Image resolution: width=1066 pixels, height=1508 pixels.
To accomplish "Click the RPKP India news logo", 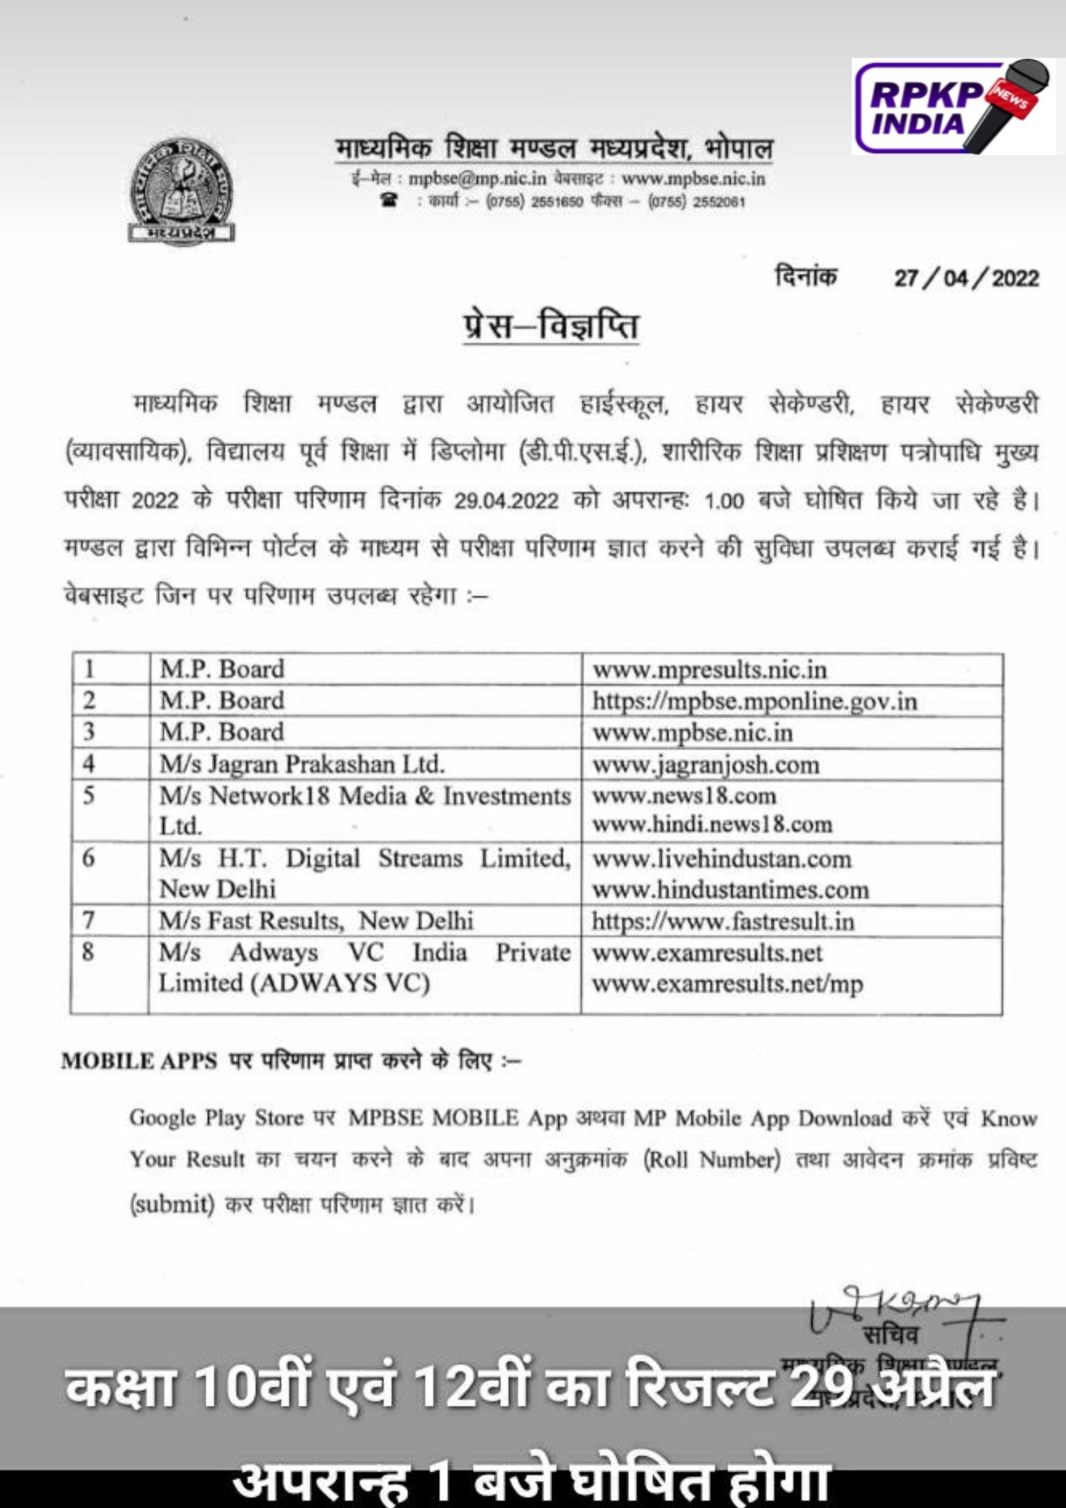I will coord(953,106).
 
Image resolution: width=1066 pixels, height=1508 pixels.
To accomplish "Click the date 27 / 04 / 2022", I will coord(966,278).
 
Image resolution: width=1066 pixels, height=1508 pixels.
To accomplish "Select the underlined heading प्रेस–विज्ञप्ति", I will coord(551,326).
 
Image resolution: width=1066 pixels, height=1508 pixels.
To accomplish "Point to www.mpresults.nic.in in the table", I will coord(709,670).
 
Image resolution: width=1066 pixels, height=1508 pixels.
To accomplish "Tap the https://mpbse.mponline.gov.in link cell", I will coord(754,701).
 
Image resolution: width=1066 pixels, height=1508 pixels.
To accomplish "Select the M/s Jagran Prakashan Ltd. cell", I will coord(302,764).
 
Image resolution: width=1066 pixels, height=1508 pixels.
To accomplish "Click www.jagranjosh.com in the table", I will coord(705,764).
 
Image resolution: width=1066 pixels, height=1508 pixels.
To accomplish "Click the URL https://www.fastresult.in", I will coord(723,921).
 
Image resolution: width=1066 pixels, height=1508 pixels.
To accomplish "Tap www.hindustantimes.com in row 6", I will coord(730,890).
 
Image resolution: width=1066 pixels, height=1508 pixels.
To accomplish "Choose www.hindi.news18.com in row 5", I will coord(712,824).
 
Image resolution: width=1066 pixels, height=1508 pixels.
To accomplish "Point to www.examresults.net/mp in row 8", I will coord(727,984).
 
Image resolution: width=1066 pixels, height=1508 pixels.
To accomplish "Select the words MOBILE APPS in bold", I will coord(139,1062).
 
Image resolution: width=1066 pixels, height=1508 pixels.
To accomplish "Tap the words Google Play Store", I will coord(216,1118).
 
